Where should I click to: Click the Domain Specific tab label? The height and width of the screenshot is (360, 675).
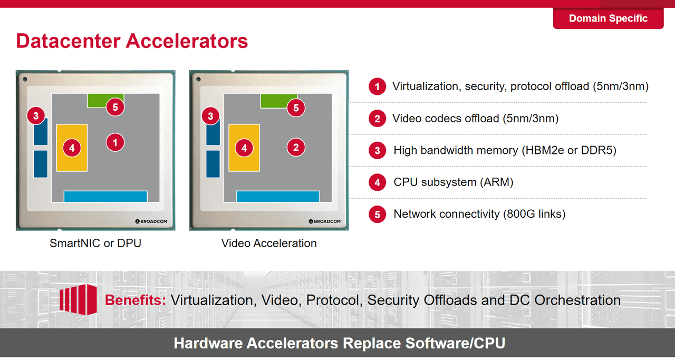[608, 18]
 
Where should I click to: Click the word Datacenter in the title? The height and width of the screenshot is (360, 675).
[68, 41]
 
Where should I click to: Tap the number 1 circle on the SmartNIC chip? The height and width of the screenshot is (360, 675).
[115, 142]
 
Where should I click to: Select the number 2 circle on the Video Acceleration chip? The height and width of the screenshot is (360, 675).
[296, 147]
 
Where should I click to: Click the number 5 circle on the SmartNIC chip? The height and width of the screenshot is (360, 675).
[115, 107]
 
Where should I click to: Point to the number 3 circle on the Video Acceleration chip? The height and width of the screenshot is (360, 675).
[210, 116]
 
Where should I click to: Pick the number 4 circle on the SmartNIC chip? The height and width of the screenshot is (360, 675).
[72, 148]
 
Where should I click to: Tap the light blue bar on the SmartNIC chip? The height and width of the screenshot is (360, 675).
[105, 197]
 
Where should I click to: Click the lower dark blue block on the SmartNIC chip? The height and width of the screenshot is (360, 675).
[41, 164]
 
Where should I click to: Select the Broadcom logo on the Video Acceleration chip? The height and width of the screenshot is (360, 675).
[324, 221]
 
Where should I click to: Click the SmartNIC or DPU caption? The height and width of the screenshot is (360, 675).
[95, 244]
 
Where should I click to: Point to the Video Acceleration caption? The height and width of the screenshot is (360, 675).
[269, 244]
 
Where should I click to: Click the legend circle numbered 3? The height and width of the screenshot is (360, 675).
[377, 150]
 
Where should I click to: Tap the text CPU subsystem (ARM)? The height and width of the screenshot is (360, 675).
[453, 182]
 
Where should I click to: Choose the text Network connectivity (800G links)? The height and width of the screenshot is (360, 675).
[479, 214]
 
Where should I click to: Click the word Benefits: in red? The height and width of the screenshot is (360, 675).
[136, 300]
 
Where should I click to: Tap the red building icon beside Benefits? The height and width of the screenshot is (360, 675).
[78, 299]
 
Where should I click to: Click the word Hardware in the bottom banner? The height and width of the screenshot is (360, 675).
[208, 344]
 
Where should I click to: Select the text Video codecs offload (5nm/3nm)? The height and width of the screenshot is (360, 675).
[476, 119]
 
